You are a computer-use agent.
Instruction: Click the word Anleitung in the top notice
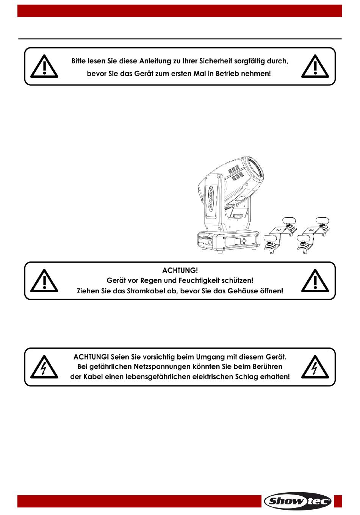151,61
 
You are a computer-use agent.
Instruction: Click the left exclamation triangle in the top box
44,66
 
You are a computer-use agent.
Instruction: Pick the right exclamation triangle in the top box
315,66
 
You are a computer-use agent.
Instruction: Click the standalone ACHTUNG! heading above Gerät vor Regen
180,270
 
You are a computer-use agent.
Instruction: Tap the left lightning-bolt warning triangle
44,367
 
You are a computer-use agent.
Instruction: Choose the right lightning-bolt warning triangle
315,367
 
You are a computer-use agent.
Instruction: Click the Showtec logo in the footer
297,501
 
